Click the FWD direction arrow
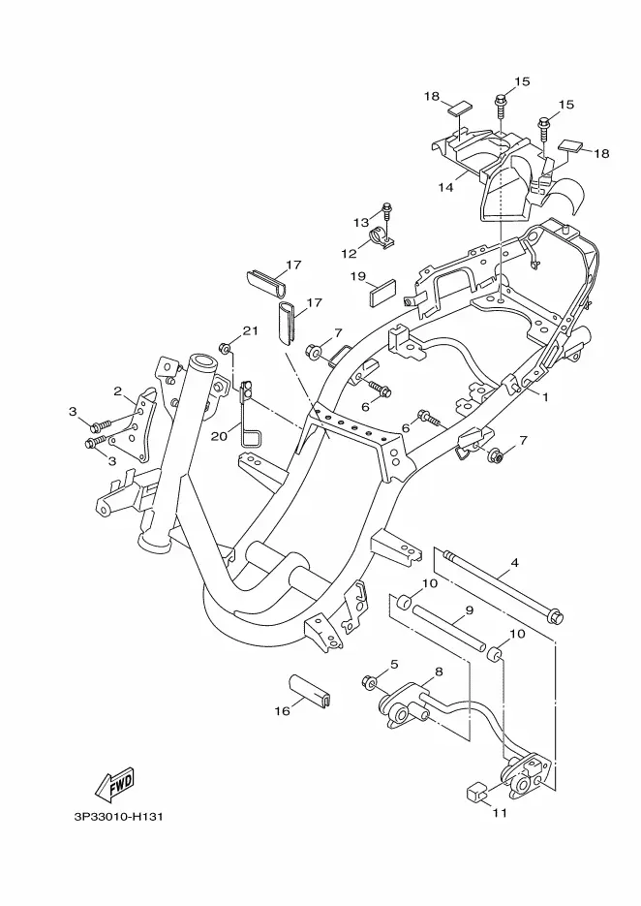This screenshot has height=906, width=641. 115,784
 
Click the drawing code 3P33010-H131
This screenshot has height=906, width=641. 118,817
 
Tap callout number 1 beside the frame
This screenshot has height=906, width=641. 544,397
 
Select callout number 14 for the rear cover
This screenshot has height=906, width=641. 445,187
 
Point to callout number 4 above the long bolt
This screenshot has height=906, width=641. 514,563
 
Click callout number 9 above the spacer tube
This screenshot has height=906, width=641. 469,609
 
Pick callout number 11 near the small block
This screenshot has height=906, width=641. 500,812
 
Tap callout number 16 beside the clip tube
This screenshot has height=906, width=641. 282,710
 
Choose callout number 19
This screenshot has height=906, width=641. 358,276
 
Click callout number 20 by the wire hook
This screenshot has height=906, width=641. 219,436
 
